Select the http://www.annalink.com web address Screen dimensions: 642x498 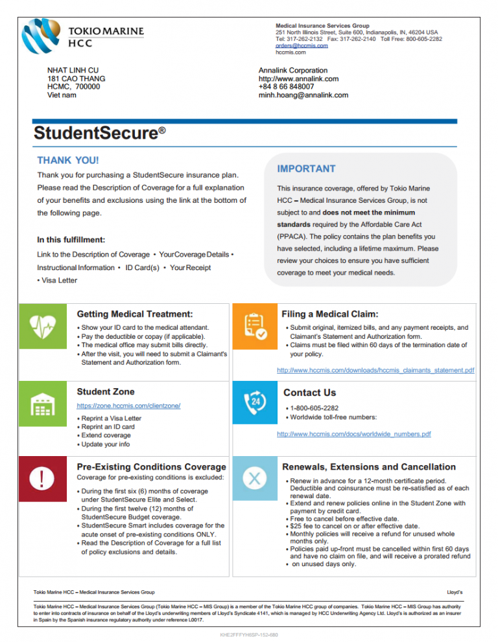pos(298,79)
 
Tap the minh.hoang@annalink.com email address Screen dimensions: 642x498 pos(303,95)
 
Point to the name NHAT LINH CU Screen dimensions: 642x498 pos(73,70)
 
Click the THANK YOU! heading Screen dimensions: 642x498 pos(68,160)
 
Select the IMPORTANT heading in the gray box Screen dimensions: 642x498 pos(306,169)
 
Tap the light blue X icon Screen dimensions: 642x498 pos(254,479)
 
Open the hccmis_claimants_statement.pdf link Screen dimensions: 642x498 pos(375,371)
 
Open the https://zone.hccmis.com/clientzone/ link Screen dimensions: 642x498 pos(128,406)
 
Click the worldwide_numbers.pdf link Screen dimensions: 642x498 pos(353,434)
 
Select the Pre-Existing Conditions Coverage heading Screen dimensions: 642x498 pos(151,467)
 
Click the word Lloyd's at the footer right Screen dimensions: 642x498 pos(455,592)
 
